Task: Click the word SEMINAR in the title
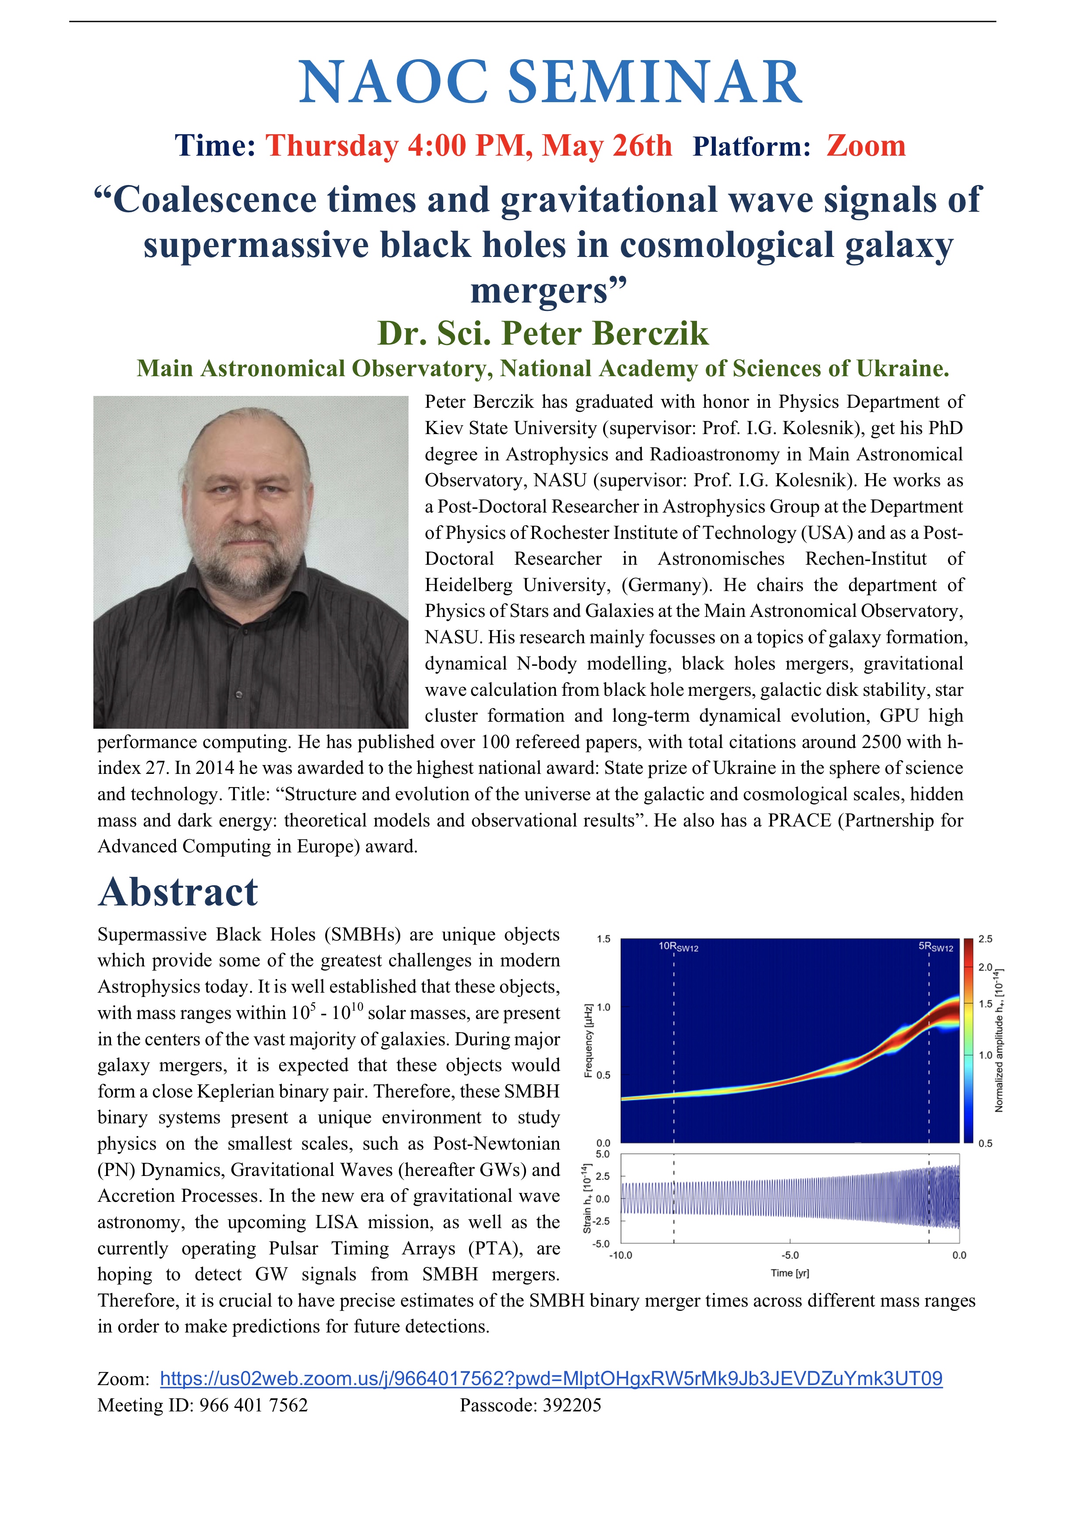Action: [654, 82]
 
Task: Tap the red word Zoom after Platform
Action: [866, 146]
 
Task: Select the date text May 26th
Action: [607, 146]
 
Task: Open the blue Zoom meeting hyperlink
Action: [551, 1379]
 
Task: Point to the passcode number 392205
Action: [572, 1405]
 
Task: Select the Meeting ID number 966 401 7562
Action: [254, 1405]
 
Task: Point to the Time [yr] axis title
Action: [789, 1273]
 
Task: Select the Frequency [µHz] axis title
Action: [588, 1040]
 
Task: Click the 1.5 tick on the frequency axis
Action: [603, 939]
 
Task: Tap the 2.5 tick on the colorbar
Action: [985, 939]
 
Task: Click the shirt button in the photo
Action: [238, 695]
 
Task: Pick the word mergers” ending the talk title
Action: [548, 291]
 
